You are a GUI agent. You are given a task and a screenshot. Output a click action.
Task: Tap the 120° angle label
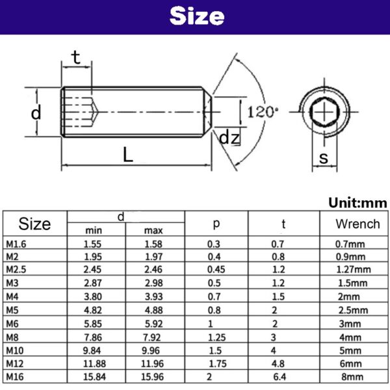[262, 111]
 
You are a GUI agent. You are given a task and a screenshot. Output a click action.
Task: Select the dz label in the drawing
[229, 138]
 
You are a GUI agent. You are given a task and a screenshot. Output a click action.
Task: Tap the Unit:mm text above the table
[357, 203]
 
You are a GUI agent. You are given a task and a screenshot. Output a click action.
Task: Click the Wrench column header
[357, 224]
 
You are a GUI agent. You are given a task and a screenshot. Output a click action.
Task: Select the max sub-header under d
[153, 231]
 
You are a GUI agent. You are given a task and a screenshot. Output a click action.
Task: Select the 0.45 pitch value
[214, 269]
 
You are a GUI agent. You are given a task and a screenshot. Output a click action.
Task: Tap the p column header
[216, 224]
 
